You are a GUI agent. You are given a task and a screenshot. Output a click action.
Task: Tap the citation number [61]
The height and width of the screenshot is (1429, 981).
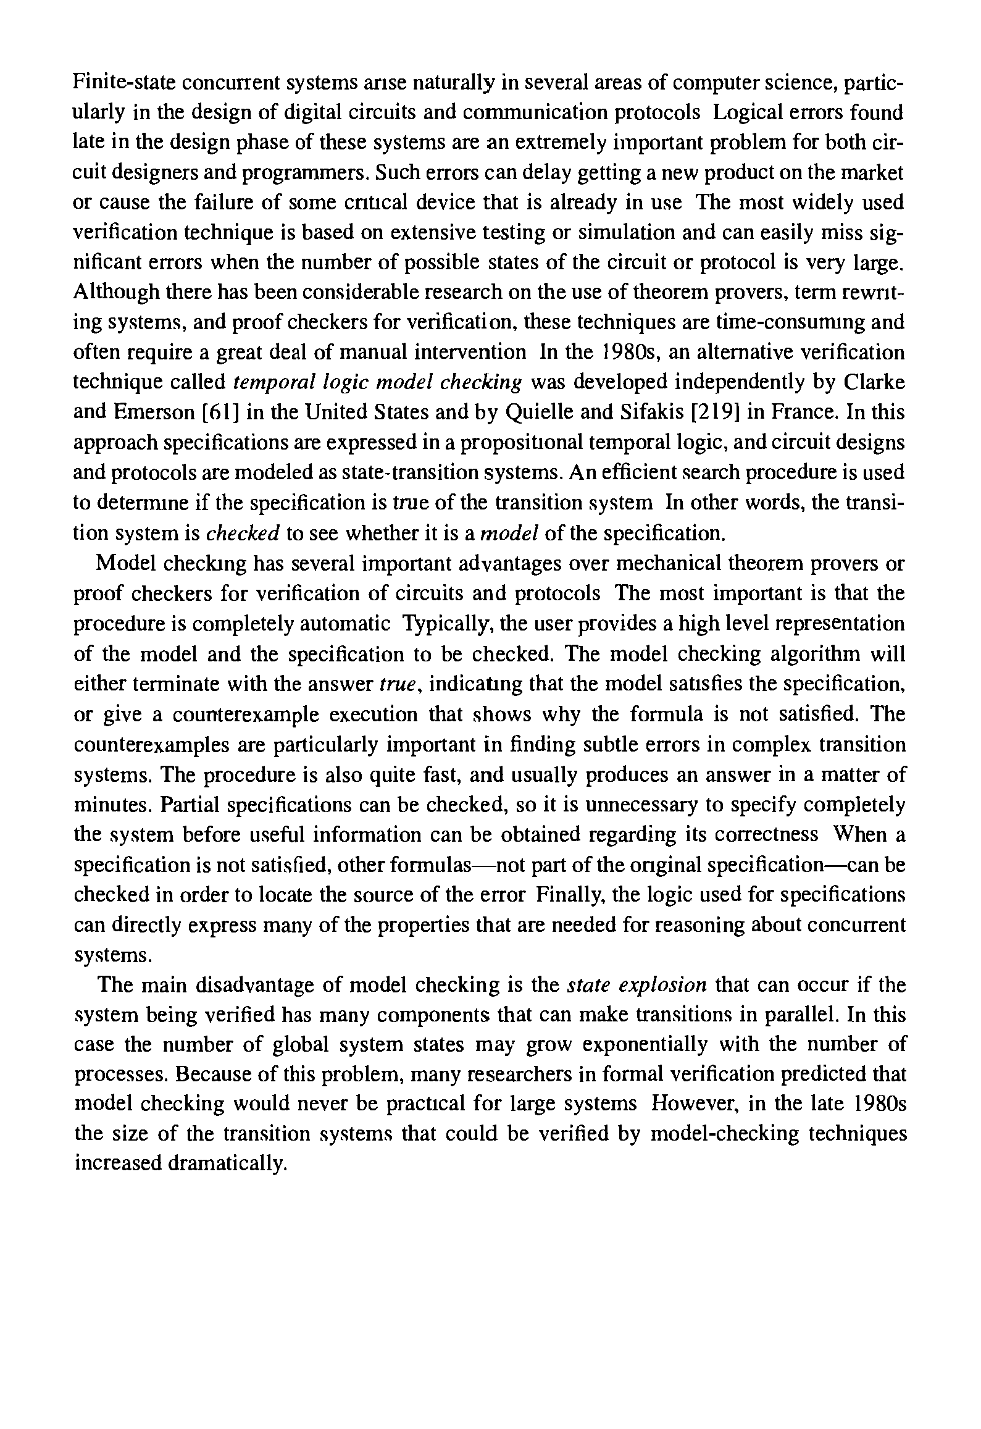point(222,413)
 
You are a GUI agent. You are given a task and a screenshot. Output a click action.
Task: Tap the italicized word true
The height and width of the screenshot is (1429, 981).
point(399,684)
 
